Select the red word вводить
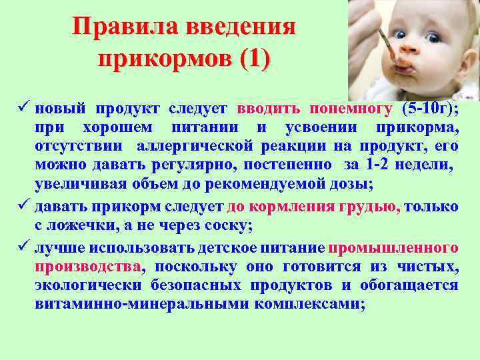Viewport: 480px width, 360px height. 267,109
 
